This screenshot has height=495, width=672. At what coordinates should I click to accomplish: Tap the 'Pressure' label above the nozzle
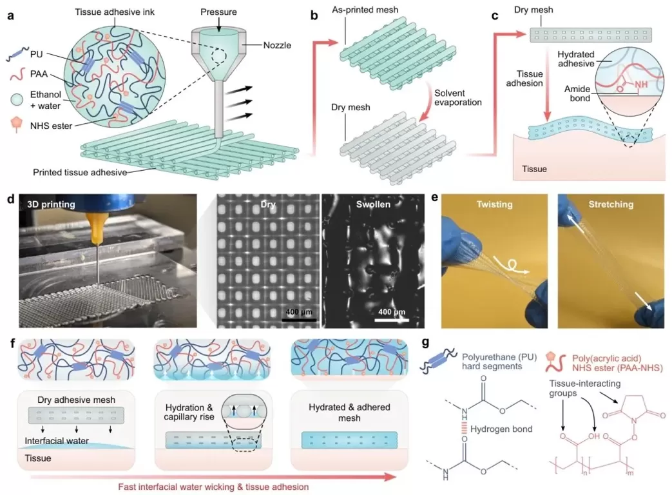pyautogui.click(x=219, y=12)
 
